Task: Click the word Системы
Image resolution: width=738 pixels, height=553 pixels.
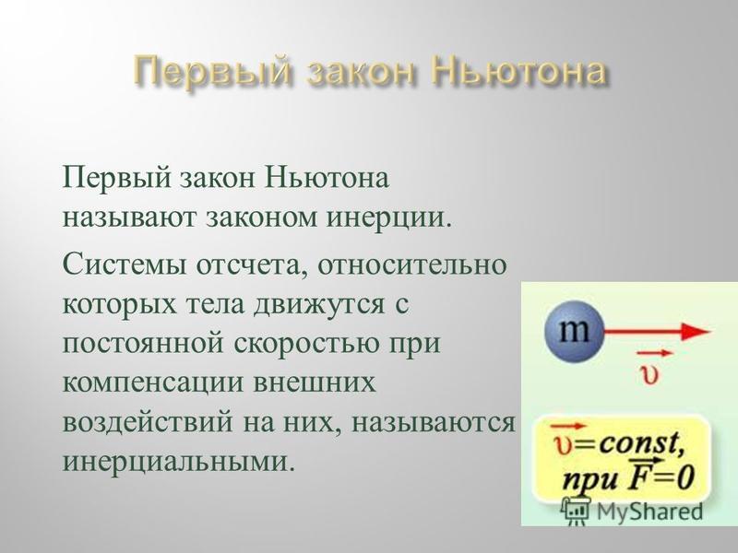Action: click(125, 265)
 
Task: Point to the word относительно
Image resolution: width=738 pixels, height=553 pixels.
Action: click(412, 265)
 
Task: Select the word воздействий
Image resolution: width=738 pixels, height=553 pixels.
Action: click(148, 422)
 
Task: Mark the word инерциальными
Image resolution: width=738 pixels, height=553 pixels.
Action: click(175, 463)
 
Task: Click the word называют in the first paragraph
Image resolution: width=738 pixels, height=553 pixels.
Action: click(129, 218)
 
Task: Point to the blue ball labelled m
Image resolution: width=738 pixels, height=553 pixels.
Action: click(574, 332)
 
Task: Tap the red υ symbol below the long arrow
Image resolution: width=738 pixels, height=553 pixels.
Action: click(649, 374)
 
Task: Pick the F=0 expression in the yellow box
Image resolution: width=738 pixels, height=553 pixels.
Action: click(661, 478)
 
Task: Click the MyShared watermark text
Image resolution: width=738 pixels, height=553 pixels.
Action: click(649, 512)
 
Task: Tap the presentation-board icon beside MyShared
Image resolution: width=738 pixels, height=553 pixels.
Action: click(576, 512)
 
